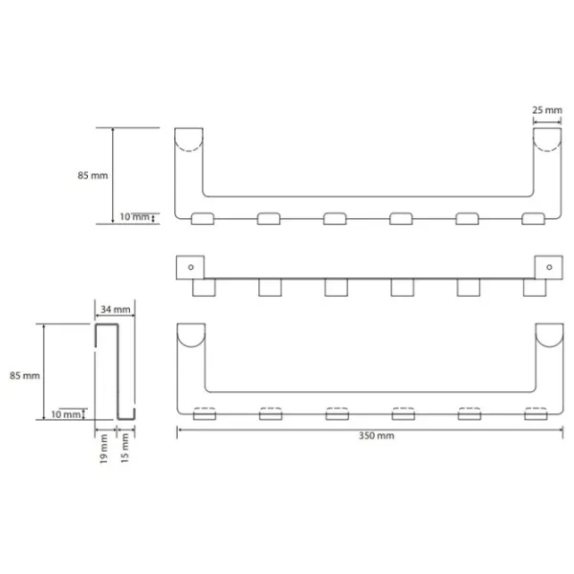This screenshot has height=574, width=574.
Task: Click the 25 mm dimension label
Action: click(x=547, y=110)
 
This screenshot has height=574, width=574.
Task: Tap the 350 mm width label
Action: click(x=376, y=435)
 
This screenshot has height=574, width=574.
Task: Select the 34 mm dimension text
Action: click(x=116, y=310)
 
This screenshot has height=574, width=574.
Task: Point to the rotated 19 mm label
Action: click(x=104, y=449)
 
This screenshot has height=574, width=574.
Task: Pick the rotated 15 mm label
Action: click(x=124, y=448)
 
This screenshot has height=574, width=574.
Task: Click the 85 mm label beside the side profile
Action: click(x=25, y=376)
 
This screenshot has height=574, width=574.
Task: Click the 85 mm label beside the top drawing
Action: click(x=93, y=175)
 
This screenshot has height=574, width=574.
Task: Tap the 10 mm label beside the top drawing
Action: click(x=135, y=217)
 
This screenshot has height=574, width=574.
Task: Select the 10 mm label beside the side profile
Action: click(x=66, y=414)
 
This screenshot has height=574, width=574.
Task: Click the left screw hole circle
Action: click(x=190, y=267)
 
